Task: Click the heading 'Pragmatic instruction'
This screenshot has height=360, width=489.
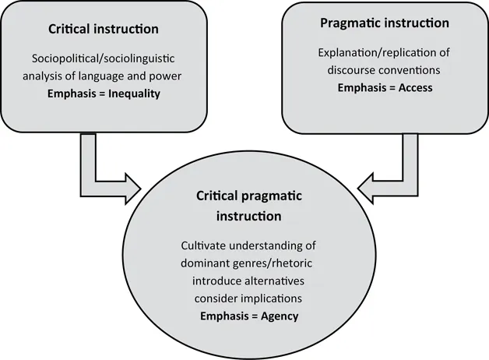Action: click(x=384, y=23)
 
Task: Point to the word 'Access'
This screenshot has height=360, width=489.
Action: click(x=414, y=87)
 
